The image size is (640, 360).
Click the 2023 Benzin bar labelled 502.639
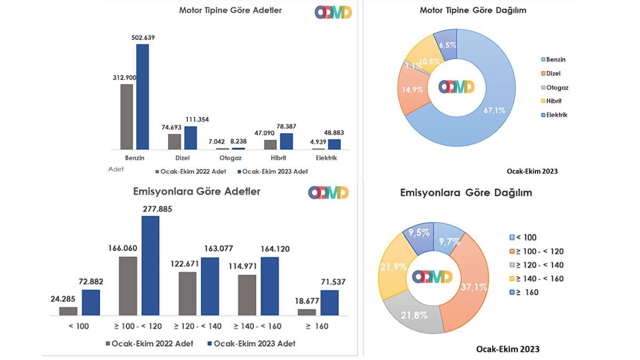[142, 97]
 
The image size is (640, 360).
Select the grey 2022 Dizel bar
[174, 142]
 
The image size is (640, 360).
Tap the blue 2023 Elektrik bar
[334, 145]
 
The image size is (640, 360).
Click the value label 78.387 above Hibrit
[286, 126]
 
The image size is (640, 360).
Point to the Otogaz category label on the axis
[230, 158]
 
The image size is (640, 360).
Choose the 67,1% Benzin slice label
[494, 110]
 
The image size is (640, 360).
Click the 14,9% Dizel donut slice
[412, 90]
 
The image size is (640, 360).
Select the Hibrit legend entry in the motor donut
[551, 101]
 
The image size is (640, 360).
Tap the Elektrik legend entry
[554, 115]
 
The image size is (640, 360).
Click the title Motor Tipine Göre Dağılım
[473, 10]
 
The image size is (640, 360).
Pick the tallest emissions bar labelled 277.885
[150, 266]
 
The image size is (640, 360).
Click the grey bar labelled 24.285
[68, 311]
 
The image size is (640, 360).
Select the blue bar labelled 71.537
[330, 303]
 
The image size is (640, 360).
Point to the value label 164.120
[275, 249]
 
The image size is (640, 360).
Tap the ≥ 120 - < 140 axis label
[198, 326]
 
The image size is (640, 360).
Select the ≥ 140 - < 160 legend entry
[537, 278]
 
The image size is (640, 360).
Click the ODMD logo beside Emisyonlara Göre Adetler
[329, 193]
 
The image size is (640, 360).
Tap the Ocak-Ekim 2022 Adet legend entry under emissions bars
[149, 343]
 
